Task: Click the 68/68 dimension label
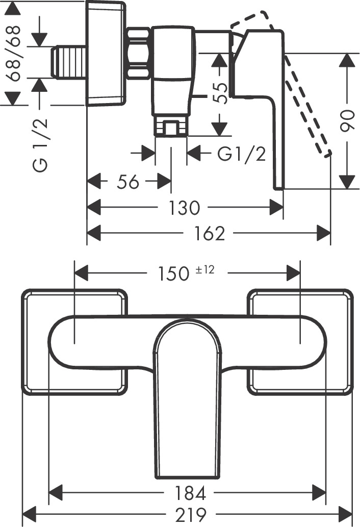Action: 14,54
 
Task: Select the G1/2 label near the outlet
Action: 242,154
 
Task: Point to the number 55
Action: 220,94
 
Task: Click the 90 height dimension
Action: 347,121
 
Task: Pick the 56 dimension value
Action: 127,182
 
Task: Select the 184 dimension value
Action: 189,493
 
